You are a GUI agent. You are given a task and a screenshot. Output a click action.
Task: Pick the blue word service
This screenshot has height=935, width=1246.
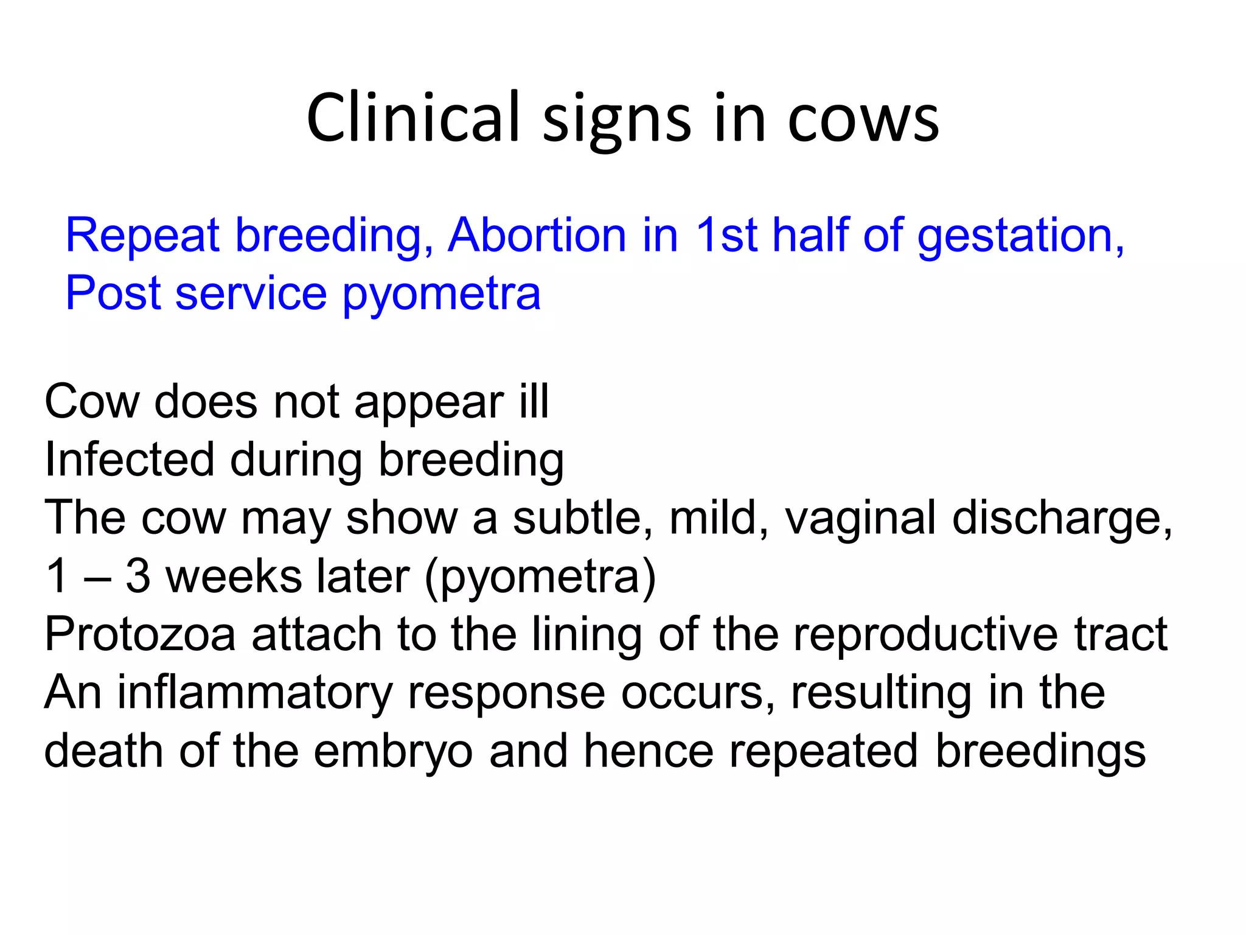251,293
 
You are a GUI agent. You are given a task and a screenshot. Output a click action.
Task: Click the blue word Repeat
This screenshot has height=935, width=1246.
142,236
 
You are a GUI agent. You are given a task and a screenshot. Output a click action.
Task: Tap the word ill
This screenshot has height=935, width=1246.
534,401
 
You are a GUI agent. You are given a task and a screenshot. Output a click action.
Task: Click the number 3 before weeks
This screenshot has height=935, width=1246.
137,576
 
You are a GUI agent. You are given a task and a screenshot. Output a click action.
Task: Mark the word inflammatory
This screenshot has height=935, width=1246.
254,693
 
